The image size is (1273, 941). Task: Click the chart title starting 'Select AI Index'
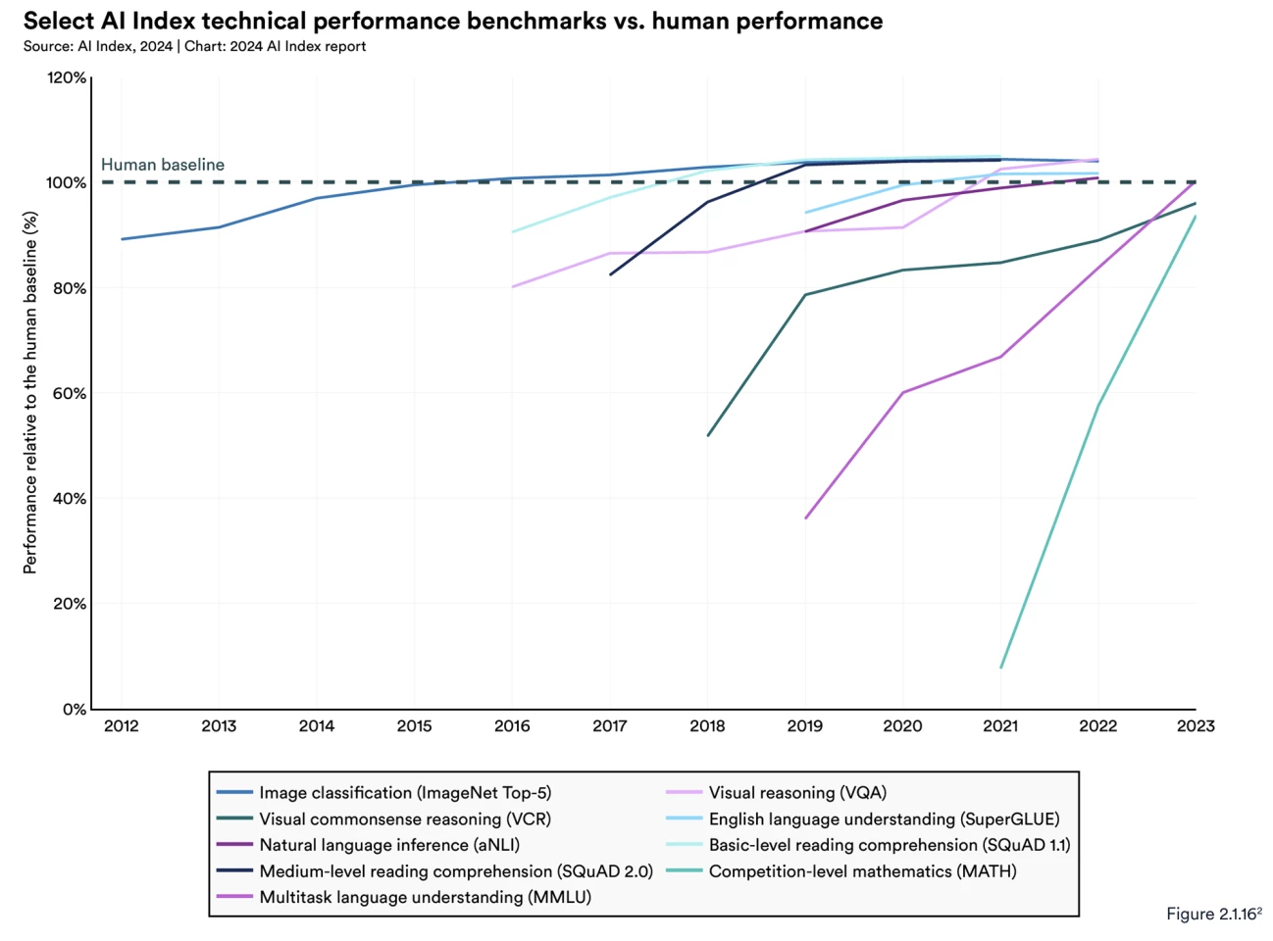pyautogui.click(x=452, y=21)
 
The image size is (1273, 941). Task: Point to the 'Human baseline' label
pyautogui.click(x=163, y=165)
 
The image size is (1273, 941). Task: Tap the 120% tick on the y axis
pyautogui.click(x=67, y=77)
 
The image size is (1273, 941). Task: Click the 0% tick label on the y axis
pyautogui.click(x=74, y=709)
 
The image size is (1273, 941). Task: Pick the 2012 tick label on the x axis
pyautogui.click(x=122, y=726)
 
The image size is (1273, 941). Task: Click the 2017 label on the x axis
pyautogui.click(x=610, y=726)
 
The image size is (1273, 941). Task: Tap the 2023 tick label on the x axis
pyautogui.click(x=1196, y=726)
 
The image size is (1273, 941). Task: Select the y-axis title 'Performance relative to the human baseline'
pyautogui.click(x=30, y=392)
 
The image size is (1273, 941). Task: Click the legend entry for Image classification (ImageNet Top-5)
pyautogui.click(x=405, y=793)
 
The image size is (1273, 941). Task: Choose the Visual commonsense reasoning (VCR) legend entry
pyautogui.click(x=405, y=819)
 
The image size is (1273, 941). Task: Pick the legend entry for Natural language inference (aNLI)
pyautogui.click(x=389, y=845)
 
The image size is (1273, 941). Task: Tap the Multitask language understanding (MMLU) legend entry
pyautogui.click(x=425, y=897)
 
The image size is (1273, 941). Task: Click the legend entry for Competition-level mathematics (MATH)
pyautogui.click(x=862, y=871)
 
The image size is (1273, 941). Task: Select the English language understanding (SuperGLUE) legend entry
pyautogui.click(x=884, y=819)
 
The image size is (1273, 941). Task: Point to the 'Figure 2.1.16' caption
pyautogui.click(x=1213, y=914)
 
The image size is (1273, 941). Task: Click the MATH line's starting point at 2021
pyautogui.click(x=1000, y=669)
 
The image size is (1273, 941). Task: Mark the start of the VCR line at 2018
pyautogui.click(x=708, y=435)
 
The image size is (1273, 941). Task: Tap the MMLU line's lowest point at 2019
pyautogui.click(x=805, y=518)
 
